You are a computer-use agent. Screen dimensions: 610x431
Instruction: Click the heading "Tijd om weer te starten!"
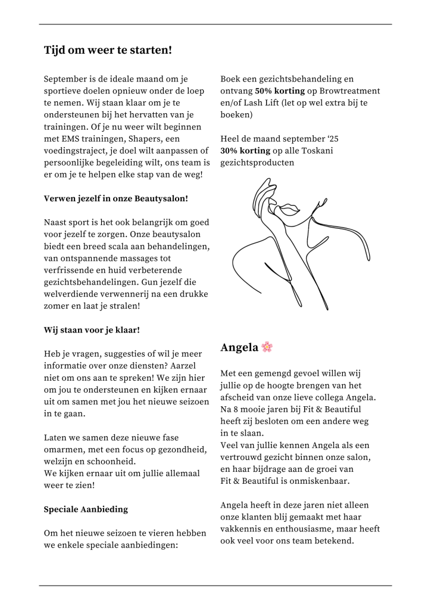coord(108,50)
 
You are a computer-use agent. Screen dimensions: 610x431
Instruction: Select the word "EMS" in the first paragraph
coord(67,139)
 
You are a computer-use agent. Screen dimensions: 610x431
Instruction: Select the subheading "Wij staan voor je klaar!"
coord(92,329)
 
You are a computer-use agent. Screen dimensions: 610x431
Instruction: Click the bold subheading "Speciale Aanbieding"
coord(86,509)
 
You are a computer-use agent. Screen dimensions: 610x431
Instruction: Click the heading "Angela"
coord(239,347)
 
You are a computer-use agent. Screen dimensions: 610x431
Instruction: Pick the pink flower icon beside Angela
coord(267,347)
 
